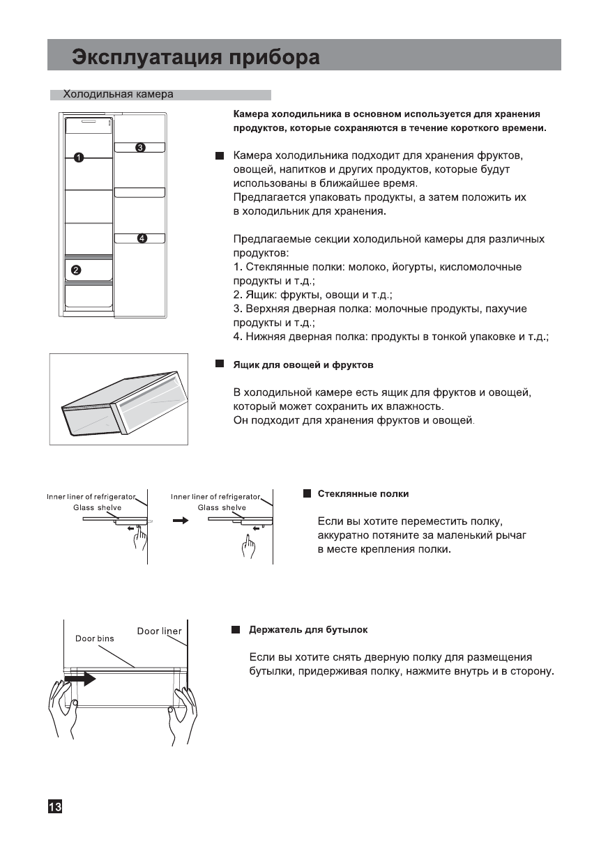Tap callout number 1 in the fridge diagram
coord(79,157)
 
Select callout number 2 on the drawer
coord(76,270)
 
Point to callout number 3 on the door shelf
coord(140,147)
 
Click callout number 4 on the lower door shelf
coord(142,238)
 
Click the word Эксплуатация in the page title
coord(147,56)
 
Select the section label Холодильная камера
coord(118,94)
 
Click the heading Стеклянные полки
coord(363,494)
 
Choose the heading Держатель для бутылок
coord(308,630)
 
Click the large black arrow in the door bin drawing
coord(80,677)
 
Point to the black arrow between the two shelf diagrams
coord(181,520)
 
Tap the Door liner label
coord(159,631)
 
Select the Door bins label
coord(95,638)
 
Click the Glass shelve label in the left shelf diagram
coord(97,508)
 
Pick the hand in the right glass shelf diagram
coord(249,545)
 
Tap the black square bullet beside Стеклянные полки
coord(307,494)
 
